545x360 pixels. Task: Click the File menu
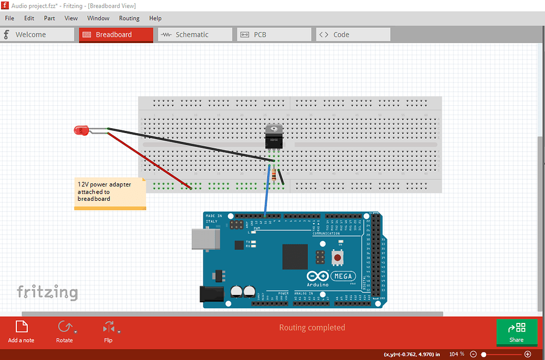point(9,18)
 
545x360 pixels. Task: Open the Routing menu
point(129,18)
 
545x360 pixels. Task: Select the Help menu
point(155,18)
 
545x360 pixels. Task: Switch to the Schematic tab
point(195,34)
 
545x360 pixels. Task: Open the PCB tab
point(274,34)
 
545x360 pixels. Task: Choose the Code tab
point(353,34)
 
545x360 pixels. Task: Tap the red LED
point(81,130)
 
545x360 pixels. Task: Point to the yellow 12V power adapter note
point(110,193)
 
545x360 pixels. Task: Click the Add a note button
point(21,332)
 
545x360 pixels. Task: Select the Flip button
point(108,332)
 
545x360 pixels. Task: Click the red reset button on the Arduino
point(338,257)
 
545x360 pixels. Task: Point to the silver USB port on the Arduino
point(205,239)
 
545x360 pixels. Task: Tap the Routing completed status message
point(312,328)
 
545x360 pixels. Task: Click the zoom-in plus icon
point(527,354)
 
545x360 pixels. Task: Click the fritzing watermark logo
point(47,292)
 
